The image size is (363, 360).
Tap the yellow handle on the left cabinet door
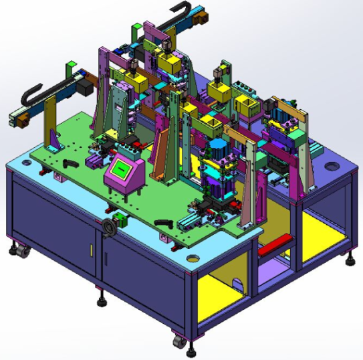click(x=91, y=249)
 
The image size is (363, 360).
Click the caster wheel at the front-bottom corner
click(x=180, y=341)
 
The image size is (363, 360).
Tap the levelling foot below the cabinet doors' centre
click(x=101, y=300)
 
